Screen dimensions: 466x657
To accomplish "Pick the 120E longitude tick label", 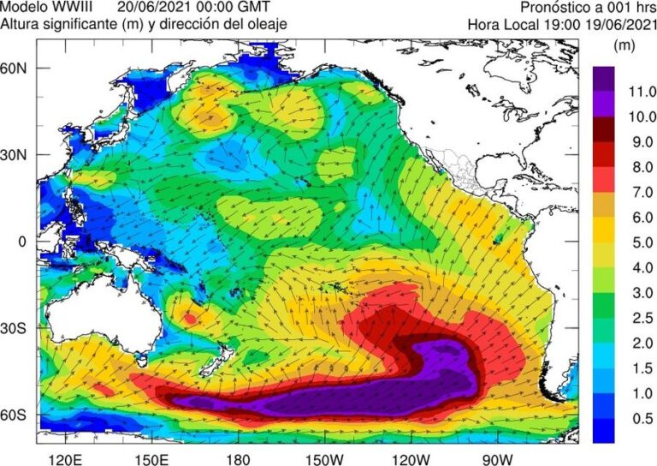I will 68,456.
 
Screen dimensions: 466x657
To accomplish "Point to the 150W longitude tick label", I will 327,456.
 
